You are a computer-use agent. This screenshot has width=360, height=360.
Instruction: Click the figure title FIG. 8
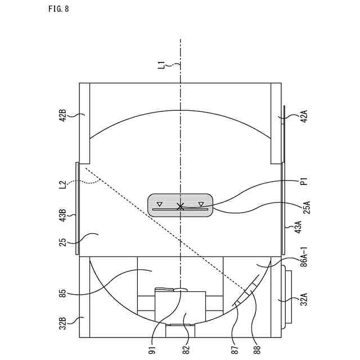click(58, 9)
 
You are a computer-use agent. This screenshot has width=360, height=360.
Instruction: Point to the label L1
click(163, 64)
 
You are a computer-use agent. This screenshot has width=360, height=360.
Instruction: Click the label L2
click(62, 185)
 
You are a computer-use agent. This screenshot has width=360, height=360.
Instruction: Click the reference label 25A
click(307, 208)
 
